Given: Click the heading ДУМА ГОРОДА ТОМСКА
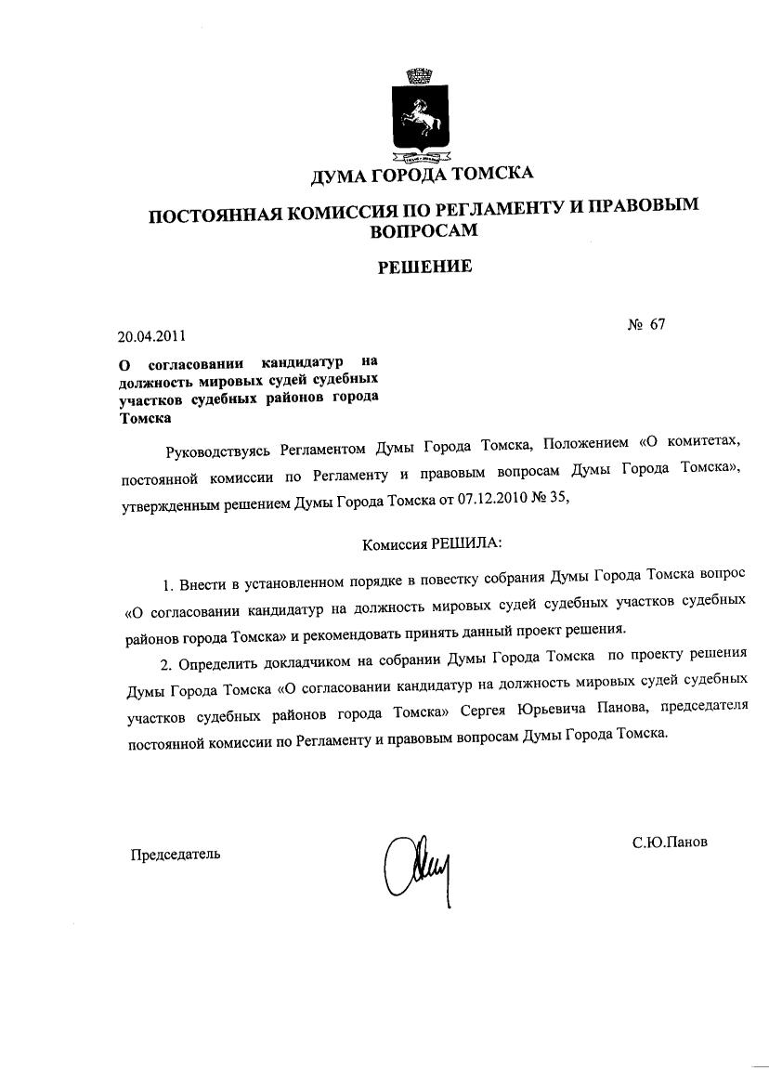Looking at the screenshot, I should [x=422, y=176].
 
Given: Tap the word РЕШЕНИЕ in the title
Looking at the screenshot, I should [x=424, y=267].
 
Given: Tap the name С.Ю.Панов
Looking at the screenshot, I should [x=670, y=842].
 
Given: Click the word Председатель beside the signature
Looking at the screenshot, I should [x=175, y=854].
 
